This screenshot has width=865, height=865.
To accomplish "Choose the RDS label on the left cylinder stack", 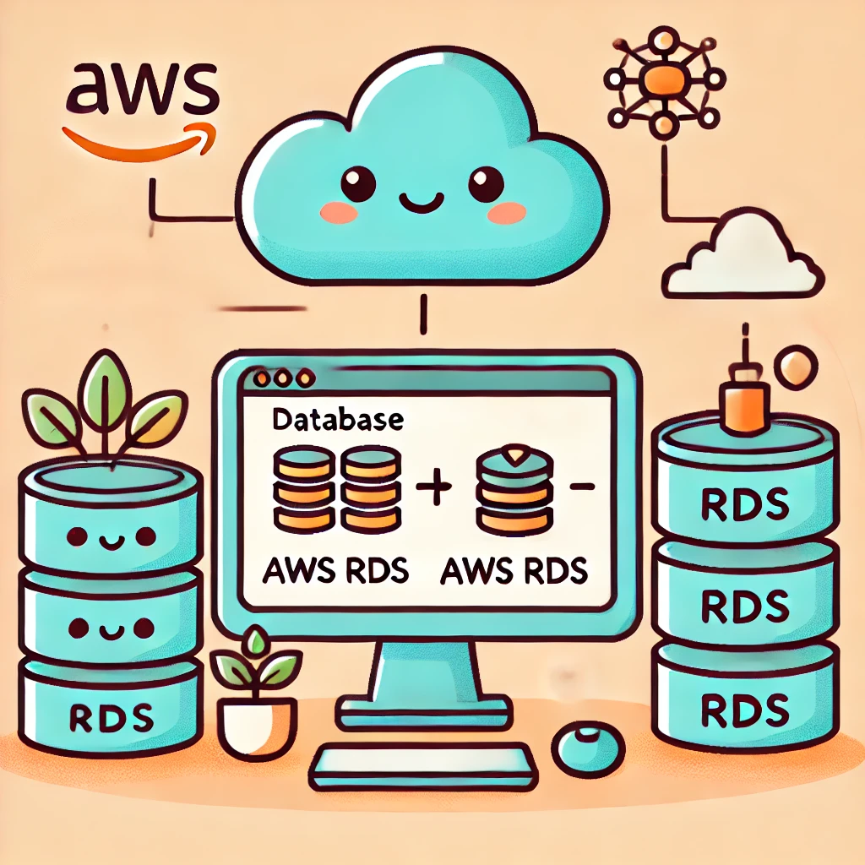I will click(x=109, y=717).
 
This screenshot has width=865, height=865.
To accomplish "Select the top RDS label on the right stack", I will click(x=745, y=504).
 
